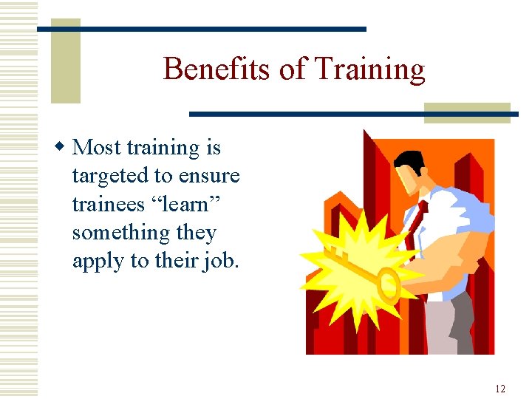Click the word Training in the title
(x=369, y=69)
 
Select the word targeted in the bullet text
(x=108, y=177)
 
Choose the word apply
(x=98, y=262)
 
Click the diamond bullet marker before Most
(x=64, y=148)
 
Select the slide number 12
(x=500, y=389)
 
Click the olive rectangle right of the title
(x=466, y=112)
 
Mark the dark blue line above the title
(x=201, y=29)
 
